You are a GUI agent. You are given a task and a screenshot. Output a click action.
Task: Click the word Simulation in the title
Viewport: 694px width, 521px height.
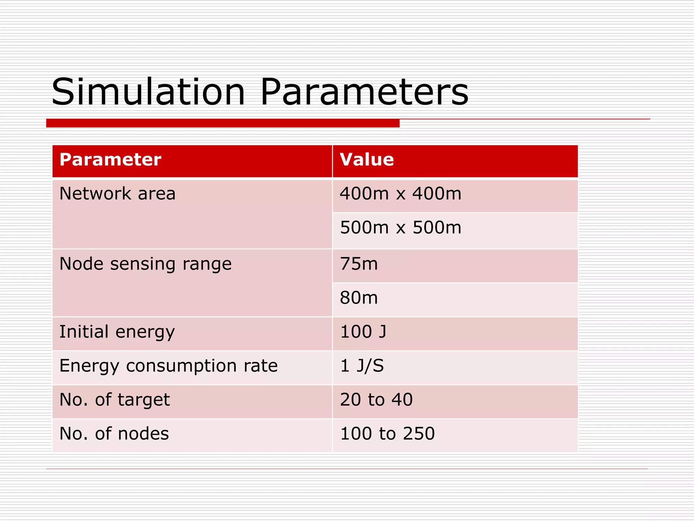(x=148, y=92)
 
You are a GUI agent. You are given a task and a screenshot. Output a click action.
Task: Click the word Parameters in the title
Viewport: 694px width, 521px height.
(x=364, y=92)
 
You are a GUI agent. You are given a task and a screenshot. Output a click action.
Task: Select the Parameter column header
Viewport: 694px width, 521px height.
(x=110, y=160)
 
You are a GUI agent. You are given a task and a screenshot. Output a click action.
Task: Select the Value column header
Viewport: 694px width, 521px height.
(x=367, y=160)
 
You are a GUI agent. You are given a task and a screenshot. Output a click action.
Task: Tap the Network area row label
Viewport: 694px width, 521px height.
(x=117, y=194)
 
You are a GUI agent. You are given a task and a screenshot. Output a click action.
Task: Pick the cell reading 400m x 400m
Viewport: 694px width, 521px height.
(x=401, y=194)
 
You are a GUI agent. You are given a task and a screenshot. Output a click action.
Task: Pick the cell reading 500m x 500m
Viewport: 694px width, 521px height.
(x=401, y=228)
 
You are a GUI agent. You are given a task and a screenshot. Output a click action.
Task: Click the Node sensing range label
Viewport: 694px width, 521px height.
(x=145, y=264)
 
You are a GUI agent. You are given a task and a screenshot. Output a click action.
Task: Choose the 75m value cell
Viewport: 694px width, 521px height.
(x=359, y=264)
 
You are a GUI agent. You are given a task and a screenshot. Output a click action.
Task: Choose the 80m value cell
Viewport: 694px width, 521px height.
(x=359, y=298)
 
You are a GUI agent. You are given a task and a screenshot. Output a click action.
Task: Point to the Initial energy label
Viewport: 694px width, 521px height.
(x=117, y=332)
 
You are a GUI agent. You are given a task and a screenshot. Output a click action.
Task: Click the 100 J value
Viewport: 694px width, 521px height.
(x=363, y=332)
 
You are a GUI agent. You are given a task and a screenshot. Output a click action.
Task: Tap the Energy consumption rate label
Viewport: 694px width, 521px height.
(x=168, y=366)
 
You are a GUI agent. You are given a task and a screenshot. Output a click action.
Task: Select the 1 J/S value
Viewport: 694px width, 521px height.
(x=362, y=366)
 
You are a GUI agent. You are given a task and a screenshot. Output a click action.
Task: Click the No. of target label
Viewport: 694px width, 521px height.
(x=115, y=400)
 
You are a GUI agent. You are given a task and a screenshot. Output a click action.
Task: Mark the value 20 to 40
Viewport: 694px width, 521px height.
(x=376, y=400)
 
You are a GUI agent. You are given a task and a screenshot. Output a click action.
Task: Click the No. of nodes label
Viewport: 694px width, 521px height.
(x=114, y=433)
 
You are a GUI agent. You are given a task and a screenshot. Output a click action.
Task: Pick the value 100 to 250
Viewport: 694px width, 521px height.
(x=387, y=433)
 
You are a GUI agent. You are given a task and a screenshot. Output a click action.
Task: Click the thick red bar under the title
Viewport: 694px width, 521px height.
(x=223, y=123)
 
